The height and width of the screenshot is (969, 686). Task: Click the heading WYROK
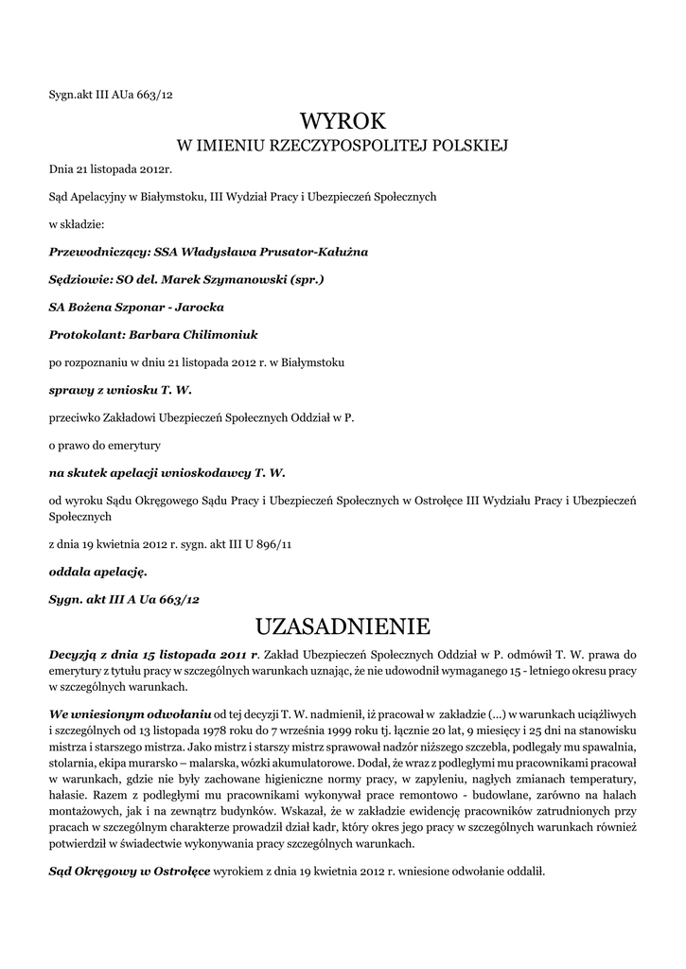pyautogui.click(x=343, y=121)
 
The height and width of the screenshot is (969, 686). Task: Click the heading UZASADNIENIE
pyautogui.click(x=343, y=626)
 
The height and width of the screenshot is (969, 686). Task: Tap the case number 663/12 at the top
pyautogui.click(x=155, y=94)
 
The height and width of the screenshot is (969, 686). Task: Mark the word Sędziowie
pyautogui.click(x=78, y=281)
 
